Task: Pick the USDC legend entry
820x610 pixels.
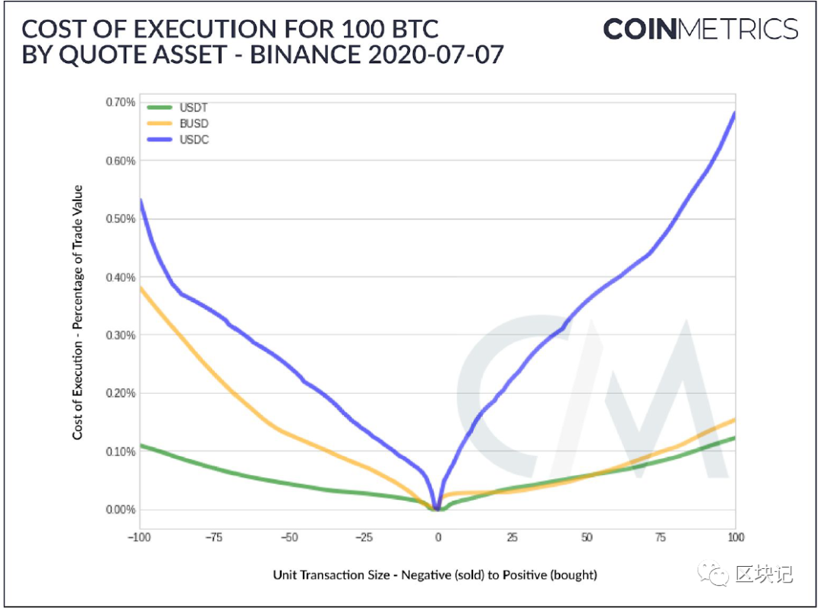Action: (178, 140)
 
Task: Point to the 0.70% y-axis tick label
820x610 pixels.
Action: (119, 102)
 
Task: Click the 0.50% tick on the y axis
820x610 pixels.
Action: (119, 219)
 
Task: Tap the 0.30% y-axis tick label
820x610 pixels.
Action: (119, 335)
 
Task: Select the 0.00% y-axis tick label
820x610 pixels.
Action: (119, 510)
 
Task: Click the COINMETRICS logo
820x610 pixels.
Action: (700, 30)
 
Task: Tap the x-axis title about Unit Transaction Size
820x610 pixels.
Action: (435, 575)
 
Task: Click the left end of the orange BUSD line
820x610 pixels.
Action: (140, 288)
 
